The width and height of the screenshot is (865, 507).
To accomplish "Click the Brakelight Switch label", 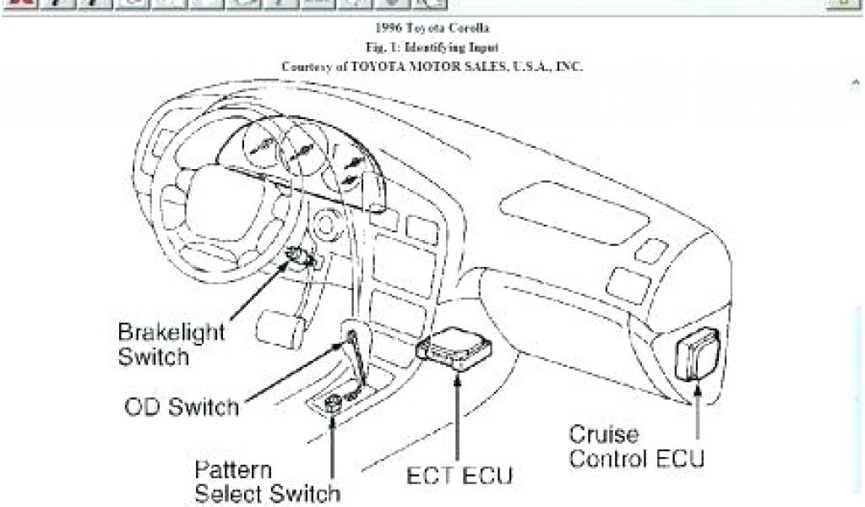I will (x=160, y=344).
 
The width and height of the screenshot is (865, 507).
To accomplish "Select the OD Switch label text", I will (x=182, y=407).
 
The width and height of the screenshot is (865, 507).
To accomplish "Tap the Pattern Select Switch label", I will (x=268, y=481).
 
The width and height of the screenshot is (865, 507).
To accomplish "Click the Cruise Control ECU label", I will (x=636, y=448).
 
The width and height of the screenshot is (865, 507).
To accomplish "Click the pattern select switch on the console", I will (x=332, y=405).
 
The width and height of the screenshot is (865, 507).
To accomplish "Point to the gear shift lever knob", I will (x=349, y=338).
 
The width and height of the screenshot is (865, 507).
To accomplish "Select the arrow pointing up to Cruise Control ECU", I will (x=698, y=406).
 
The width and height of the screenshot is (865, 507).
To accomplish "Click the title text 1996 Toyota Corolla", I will (x=432, y=30).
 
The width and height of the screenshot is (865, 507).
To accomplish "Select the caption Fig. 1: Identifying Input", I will (x=432, y=47).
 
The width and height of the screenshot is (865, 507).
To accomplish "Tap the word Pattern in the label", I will (x=233, y=470).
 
